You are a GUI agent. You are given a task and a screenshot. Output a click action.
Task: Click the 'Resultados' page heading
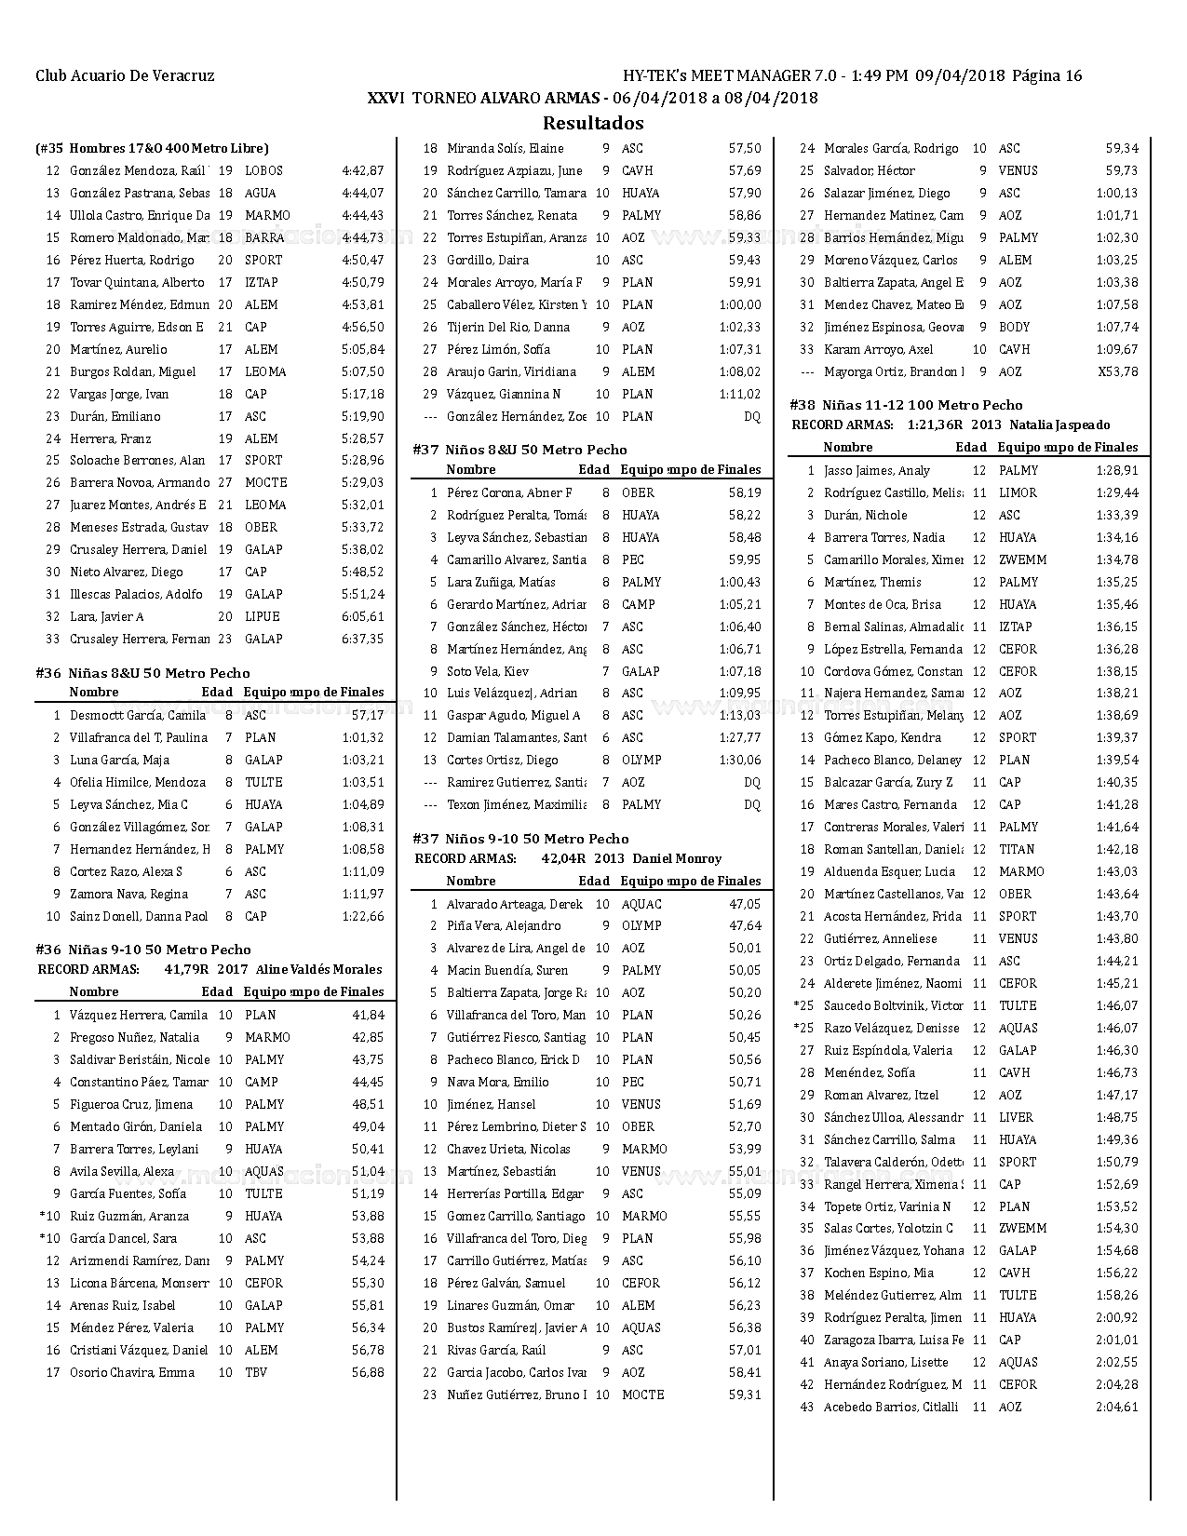point(593,123)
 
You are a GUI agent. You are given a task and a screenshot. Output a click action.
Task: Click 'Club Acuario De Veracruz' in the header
point(125,76)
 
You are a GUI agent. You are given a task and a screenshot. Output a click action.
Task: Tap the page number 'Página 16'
point(1046,76)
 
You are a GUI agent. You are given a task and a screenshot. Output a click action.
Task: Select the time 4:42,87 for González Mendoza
point(362,171)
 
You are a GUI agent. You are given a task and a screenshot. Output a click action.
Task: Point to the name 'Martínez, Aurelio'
point(118,350)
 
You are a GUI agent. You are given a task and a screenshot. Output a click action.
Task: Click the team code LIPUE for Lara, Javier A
point(262,617)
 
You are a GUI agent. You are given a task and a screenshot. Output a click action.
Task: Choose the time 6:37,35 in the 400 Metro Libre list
point(362,640)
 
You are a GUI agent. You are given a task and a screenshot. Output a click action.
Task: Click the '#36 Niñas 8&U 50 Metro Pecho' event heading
point(142,673)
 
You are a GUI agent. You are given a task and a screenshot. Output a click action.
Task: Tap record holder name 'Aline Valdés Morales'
point(318,970)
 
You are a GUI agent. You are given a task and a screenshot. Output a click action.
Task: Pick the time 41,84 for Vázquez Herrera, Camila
point(368,1016)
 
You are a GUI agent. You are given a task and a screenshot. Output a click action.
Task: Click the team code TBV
point(256,1373)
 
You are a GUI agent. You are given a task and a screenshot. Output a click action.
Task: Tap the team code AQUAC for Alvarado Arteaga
point(641,904)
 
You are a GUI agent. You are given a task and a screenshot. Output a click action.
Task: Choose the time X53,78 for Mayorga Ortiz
point(1117,372)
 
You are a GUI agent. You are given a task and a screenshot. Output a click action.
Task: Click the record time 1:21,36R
point(935,425)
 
